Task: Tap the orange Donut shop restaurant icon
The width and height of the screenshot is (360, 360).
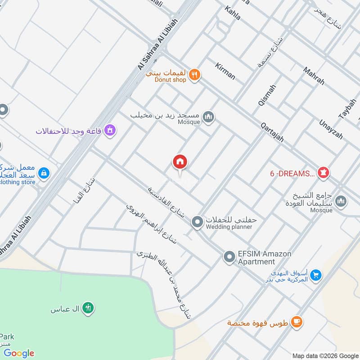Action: pos(194,75)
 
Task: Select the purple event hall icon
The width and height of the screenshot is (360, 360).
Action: pos(110,130)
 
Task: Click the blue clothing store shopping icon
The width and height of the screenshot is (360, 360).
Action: pos(43,173)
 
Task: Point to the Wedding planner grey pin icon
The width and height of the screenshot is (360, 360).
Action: pos(197,221)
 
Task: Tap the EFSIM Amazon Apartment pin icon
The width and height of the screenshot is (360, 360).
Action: pos(229,257)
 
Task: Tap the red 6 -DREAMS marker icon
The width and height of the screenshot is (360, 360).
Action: pos(324,172)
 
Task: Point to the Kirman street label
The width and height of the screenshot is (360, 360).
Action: pos(225,71)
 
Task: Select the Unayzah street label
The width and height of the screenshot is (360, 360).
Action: pos(331,129)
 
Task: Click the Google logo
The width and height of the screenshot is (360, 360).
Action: pos(19,353)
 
